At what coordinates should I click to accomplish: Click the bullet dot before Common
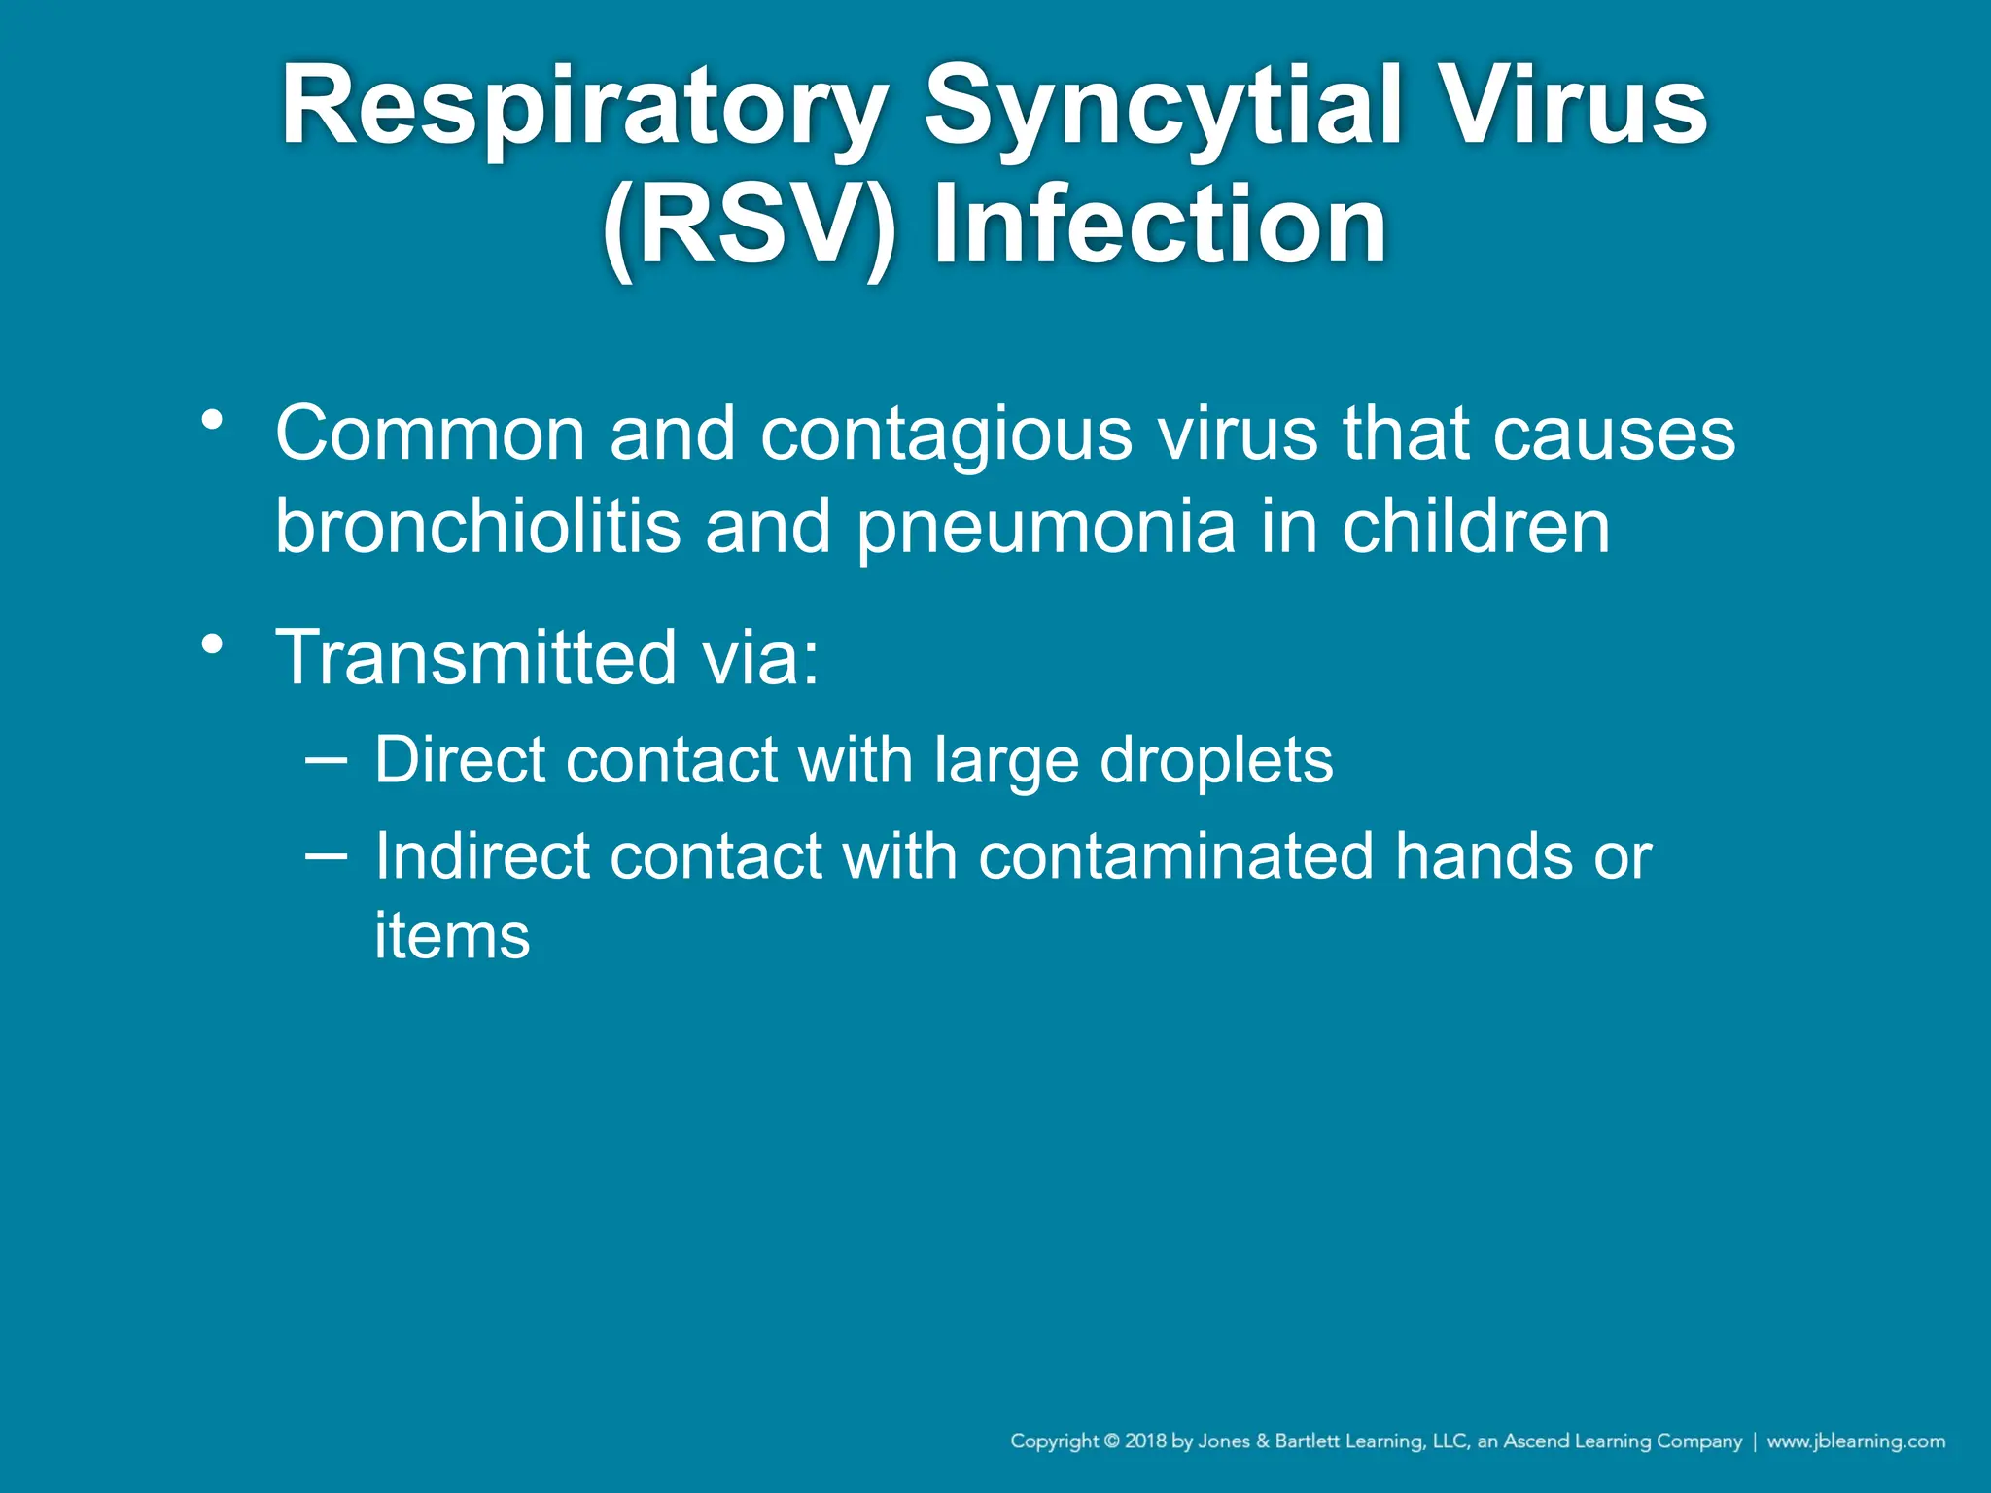click(212, 421)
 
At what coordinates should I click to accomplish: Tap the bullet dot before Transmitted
click(212, 644)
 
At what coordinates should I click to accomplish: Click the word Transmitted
click(476, 657)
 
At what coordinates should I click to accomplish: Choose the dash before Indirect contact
click(326, 855)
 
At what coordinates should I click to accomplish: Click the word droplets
click(1216, 761)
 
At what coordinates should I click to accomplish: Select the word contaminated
click(1175, 856)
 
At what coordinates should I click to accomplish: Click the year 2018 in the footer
click(1146, 1441)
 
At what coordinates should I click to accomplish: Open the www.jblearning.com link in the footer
click(1856, 1441)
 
